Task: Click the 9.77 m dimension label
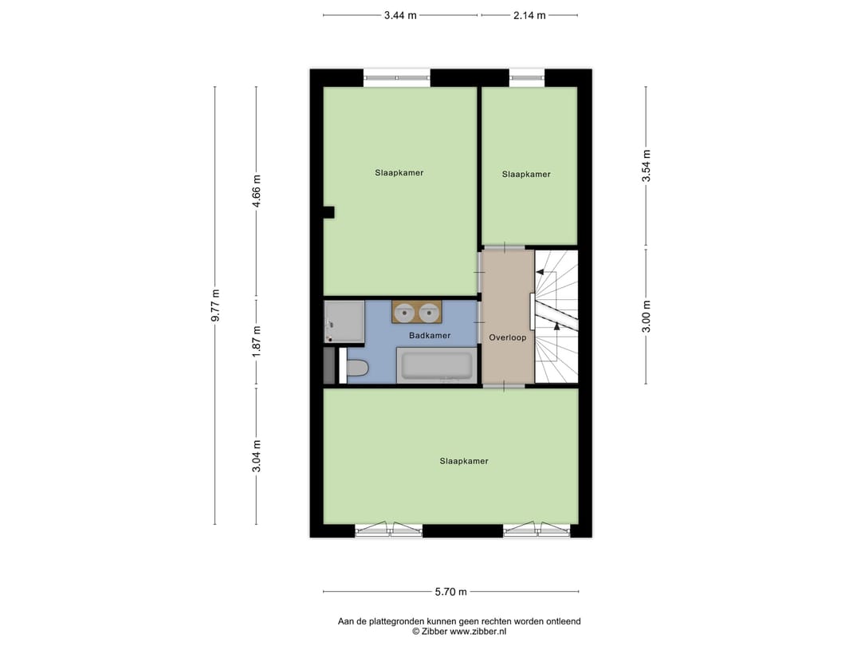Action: pyautogui.click(x=215, y=305)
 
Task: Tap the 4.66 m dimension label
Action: pyautogui.click(x=256, y=191)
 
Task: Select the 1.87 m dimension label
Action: pyautogui.click(x=256, y=341)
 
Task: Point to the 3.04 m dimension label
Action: pyautogui.click(x=256, y=456)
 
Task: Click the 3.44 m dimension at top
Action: pyautogui.click(x=400, y=15)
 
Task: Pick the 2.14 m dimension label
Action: pyautogui.click(x=529, y=15)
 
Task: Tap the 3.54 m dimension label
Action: pyautogui.click(x=647, y=166)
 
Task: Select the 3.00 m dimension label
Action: pyautogui.click(x=647, y=316)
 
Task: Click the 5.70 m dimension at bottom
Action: pyautogui.click(x=451, y=592)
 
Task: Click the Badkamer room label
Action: pyautogui.click(x=430, y=336)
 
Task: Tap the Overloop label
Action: pyautogui.click(x=508, y=337)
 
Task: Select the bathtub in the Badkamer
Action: pyautogui.click(x=436, y=366)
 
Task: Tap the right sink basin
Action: pyautogui.click(x=429, y=312)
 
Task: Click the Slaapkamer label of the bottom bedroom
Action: pyautogui.click(x=464, y=461)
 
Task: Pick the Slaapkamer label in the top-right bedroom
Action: pyautogui.click(x=526, y=174)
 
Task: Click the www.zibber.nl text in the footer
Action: pyautogui.click(x=479, y=631)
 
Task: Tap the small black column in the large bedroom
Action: pyautogui.click(x=328, y=211)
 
